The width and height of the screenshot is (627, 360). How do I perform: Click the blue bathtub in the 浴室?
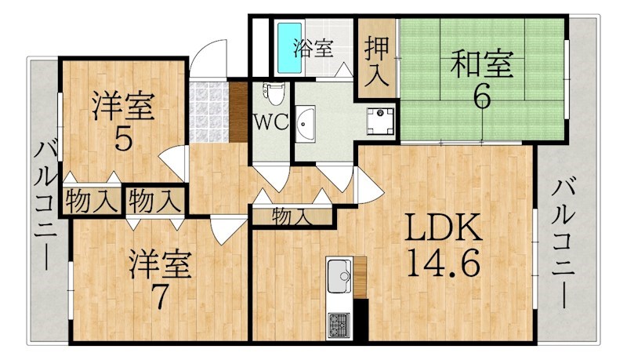pos(289,48)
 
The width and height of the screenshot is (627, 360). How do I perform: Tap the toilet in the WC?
pos(273,93)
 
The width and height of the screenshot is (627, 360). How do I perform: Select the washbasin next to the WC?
pos(305,124)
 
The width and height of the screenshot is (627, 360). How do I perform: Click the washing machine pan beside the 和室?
pos(380,121)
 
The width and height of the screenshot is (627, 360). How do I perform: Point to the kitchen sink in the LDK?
pos(339,276)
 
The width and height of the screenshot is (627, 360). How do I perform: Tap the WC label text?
pos(271,122)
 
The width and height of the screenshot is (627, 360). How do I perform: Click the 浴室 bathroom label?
pos(313,48)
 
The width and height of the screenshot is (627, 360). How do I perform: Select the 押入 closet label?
pos(377,61)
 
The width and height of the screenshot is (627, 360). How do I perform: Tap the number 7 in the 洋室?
pos(160,297)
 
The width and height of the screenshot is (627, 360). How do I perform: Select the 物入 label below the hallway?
pos(291,217)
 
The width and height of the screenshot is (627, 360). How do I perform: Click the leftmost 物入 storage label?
pos(92,202)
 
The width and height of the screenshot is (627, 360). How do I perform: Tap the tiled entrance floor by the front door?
pos(208,112)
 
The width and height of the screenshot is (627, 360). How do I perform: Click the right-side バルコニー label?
pos(564,244)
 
